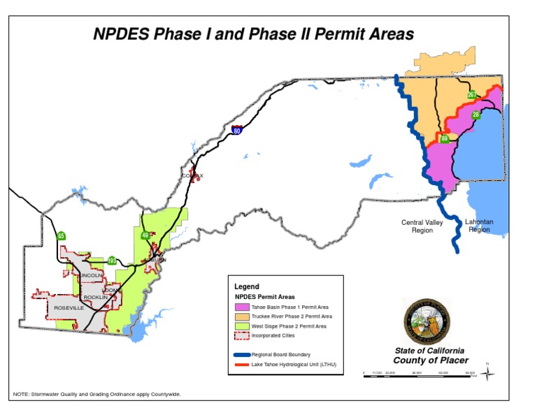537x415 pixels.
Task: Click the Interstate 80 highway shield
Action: coord(238,130)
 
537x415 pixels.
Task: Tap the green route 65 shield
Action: coord(62,236)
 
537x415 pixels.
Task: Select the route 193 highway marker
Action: coord(112,261)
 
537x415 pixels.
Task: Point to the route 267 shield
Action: coord(472,95)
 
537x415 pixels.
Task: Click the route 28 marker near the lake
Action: coord(476,115)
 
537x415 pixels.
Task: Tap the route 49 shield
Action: coord(145,235)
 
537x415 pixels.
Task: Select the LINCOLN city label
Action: coord(91,276)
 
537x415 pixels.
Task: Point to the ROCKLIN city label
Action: coord(96,297)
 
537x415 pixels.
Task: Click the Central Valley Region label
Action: coord(422,226)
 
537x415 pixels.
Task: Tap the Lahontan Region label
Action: coord(479,226)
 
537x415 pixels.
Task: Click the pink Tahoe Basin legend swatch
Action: coord(242,307)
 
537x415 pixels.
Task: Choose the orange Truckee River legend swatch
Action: coord(242,316)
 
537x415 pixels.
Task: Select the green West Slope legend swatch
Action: coord(242,326)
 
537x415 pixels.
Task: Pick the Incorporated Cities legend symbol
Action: coord(242,335)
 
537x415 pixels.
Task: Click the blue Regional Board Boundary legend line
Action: coord(241,355)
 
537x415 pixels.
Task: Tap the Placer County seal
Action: coord(427,321)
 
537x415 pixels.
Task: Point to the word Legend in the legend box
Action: coord(246,286)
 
